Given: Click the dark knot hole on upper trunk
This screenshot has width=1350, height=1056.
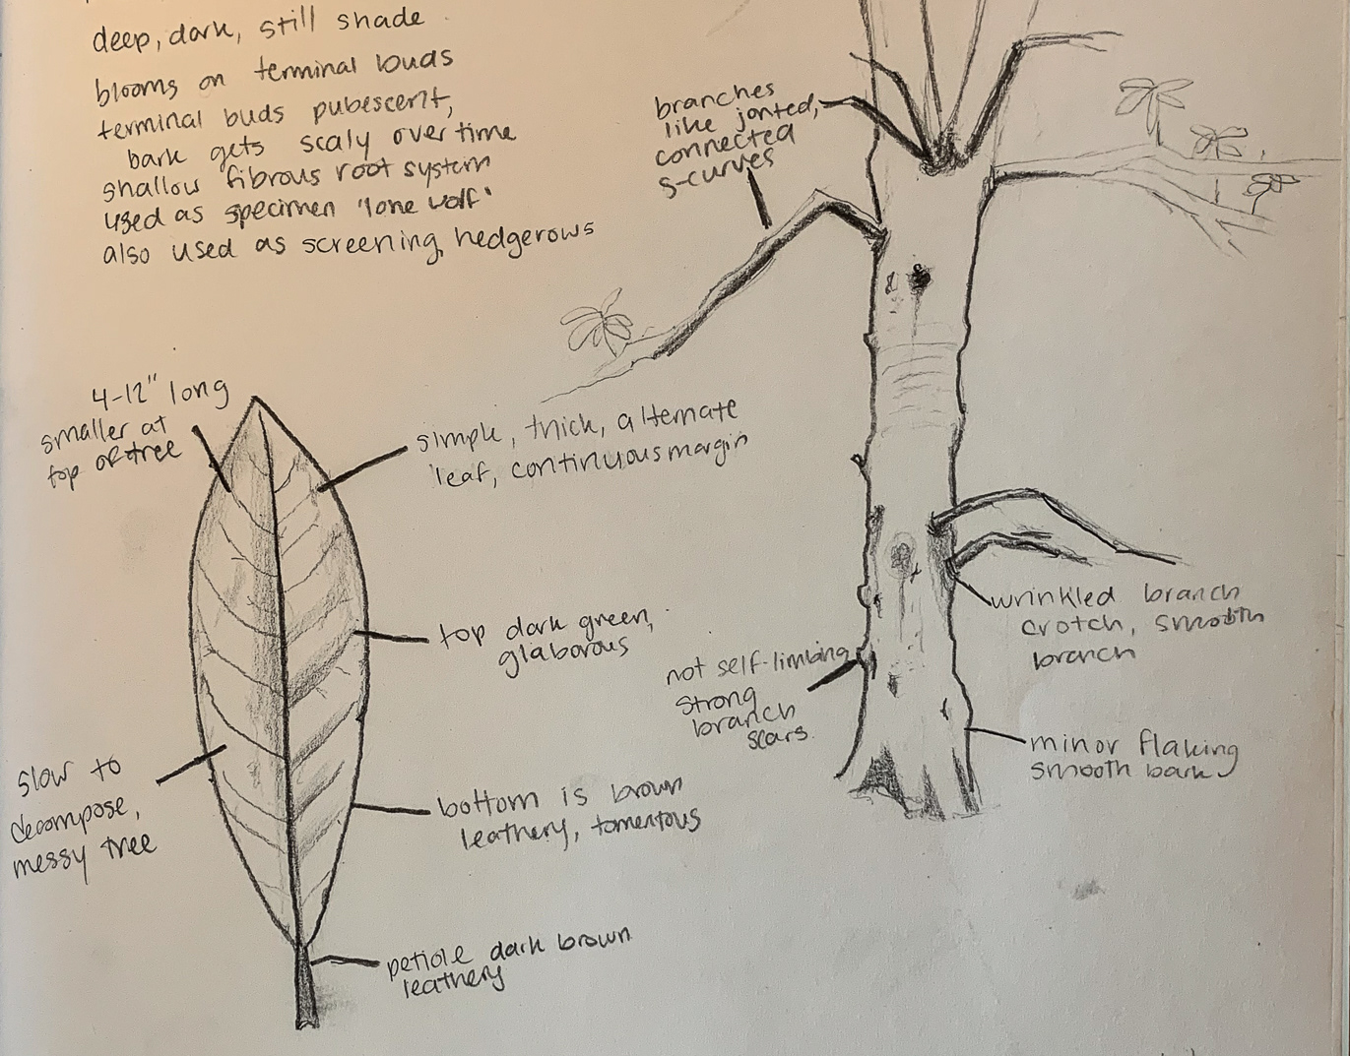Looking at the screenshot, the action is [922, 279].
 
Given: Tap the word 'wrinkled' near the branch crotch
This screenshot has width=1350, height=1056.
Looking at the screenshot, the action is [1055, 596].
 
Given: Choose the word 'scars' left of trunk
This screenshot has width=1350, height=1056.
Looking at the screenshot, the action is [777, 733].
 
